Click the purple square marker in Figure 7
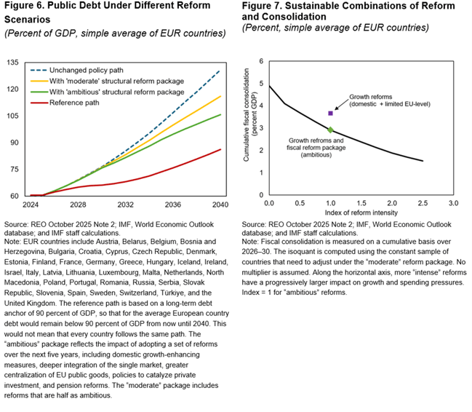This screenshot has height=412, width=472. [x=330, y=113]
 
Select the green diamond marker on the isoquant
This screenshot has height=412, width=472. [x=330, y=130]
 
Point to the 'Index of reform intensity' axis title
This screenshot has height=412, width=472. [x=361, y=212]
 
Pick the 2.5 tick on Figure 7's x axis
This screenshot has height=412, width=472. [x=423, y=202]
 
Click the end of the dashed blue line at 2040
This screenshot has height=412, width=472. [x=220, y=71]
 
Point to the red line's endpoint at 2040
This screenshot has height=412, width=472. [x=220, y=149]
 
